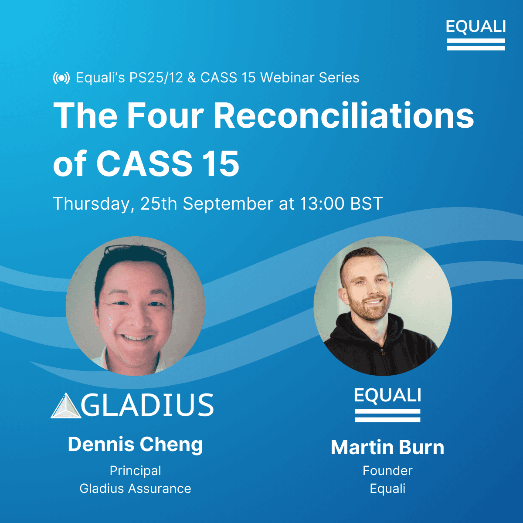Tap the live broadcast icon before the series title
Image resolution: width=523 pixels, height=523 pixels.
61,78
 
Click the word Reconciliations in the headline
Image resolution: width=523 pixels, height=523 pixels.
343,116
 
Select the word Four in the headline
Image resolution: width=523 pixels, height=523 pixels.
165,116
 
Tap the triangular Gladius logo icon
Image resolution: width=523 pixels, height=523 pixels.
66,406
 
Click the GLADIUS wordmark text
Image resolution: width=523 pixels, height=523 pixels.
147,405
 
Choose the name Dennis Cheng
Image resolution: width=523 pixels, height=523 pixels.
135,445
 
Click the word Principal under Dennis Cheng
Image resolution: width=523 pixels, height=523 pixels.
135,471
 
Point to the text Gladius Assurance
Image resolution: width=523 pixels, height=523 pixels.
135,489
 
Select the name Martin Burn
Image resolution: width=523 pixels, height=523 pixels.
387,448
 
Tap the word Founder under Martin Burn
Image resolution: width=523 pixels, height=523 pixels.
387,471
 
